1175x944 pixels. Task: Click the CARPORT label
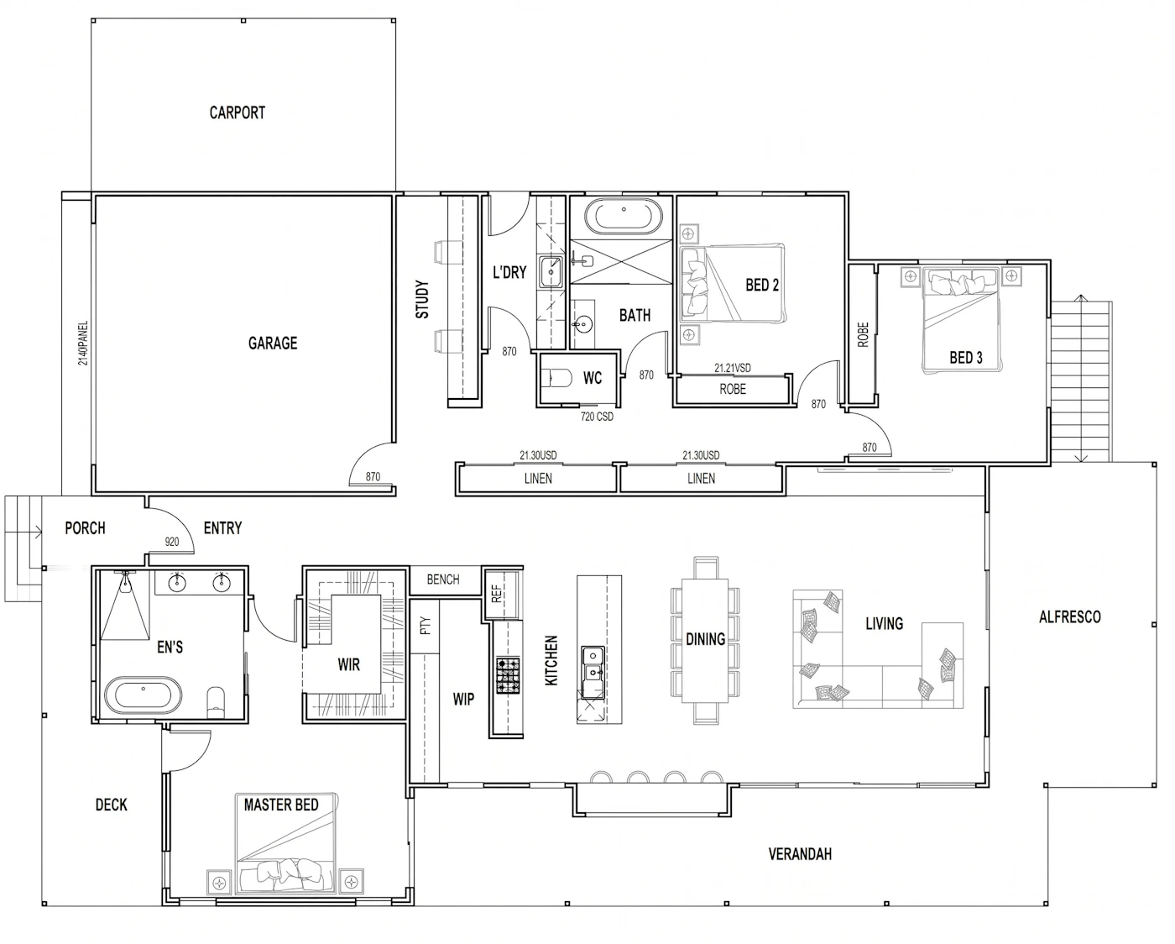tap(238, 113)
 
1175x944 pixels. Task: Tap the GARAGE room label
tap(273, 344)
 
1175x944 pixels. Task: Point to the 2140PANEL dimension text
tap(83, 343)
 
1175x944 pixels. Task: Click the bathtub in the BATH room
tap(624, 217)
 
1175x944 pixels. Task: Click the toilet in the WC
tap(556, 378)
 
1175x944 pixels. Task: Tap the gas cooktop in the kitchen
tap(508, 676)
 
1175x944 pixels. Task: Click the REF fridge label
tap(496, 594)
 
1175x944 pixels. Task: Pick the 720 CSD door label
tap(597, 417)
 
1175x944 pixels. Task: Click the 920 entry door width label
tap(172, 542)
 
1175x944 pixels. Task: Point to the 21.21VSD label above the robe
tap(732, 368)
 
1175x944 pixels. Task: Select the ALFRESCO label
tap(1069, 617)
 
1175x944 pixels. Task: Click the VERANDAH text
tap(800, 854)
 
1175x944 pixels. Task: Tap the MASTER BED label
tap(281, 805)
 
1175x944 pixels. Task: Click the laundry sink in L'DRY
tap(551, 272)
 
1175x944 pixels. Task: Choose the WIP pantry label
tap(463, 700)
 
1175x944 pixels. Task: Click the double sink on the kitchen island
tap(593, 672)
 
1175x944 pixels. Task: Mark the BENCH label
tap(443, 580)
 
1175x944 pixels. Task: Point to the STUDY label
tap(422, 299)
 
